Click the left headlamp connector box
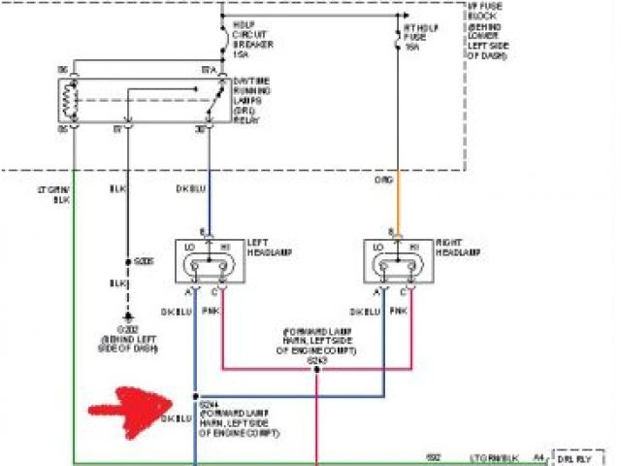(209, 260)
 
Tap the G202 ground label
(126, 331)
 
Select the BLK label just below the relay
(115, 188)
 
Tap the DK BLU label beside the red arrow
(175, 418)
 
